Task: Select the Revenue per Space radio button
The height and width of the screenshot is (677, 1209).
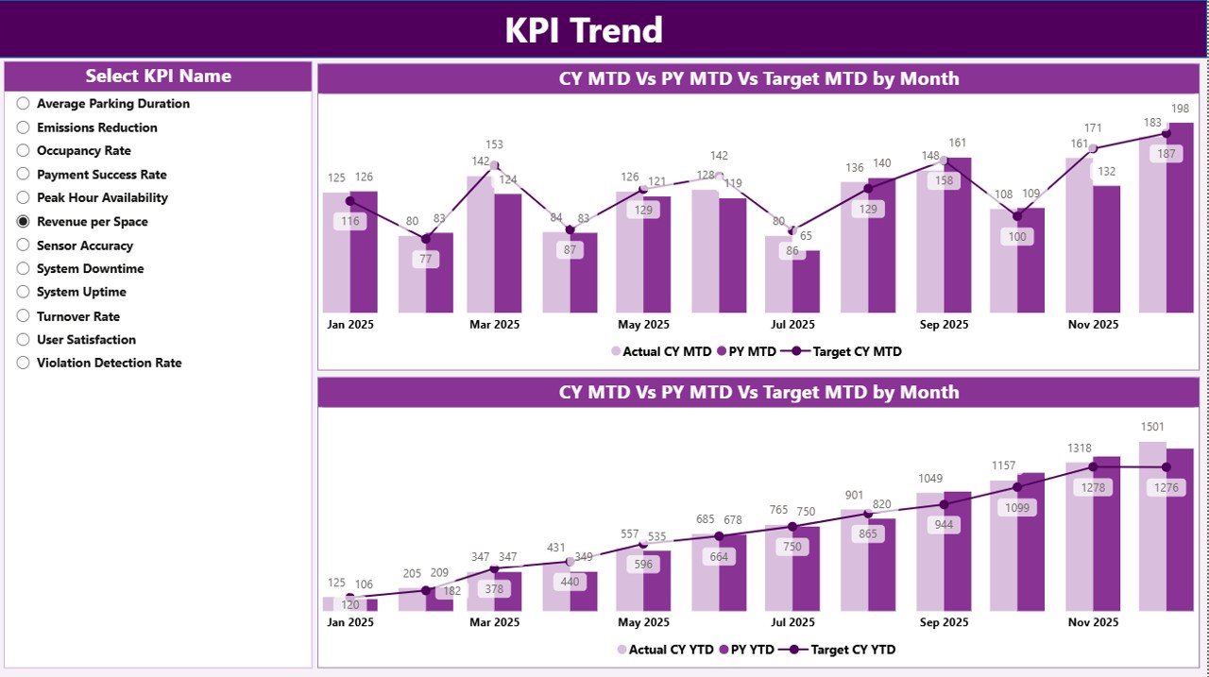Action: [x=24, y=221]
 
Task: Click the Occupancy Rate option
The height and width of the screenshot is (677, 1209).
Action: [x=24, y=150]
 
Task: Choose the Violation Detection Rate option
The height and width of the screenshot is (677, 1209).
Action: [x=24, y=363]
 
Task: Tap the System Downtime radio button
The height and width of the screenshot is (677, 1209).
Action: [x=24, y=268]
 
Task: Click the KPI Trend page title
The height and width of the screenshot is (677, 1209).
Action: [x=583, y=30]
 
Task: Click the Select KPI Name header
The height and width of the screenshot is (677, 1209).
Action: [x=158, y=76]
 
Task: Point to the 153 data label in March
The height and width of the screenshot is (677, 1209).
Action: [x=494, y=145]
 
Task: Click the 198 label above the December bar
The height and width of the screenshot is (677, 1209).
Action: [x=1180, y=109]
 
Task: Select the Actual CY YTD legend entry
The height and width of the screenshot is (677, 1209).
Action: [x=662, y=650]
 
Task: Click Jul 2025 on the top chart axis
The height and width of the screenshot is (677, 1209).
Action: [x=792, y=324]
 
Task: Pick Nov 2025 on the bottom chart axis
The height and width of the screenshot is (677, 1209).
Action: [x=1092, y=622]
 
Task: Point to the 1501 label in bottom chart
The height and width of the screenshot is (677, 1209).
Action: [x=1152, y=428]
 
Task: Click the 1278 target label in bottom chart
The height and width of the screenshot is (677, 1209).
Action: [x=1092, y=487]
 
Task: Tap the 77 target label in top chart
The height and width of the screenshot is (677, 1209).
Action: [x=425, y=259]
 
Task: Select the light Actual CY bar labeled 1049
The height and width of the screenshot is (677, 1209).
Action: [x=929, y=552]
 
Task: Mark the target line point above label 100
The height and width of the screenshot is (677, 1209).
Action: [x=1017, y=216]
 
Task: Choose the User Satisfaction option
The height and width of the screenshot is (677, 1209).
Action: [x=24, y=339]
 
